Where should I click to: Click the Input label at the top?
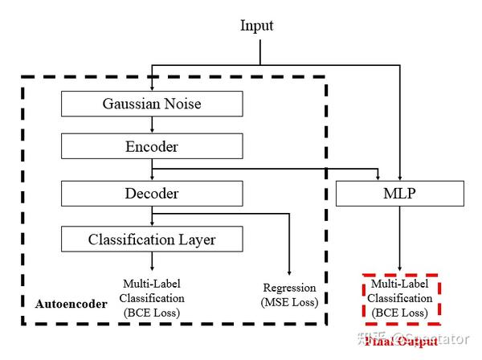click(257, 26)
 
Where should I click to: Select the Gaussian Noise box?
click(152, 104)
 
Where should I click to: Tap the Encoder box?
click(152, 147)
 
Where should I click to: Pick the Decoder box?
click(152, 194)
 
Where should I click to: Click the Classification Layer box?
click(152, 239)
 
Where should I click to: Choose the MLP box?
click(399, 194)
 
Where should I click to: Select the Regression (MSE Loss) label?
click(290, 295)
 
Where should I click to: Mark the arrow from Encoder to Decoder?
click(152, 170)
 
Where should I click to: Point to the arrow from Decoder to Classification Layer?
click(152, 217)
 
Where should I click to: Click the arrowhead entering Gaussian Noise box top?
click(152, 88)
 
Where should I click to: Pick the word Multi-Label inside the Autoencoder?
click(151, 284)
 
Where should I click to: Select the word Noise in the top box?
click(182, 104)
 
